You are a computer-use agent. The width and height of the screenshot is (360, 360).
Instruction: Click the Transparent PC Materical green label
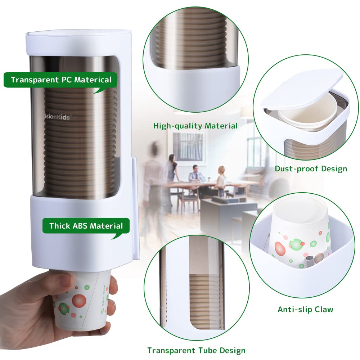tap(60, 80)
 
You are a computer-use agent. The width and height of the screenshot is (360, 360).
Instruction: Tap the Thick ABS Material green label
tap(86, 226)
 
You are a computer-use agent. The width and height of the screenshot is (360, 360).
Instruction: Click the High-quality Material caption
tap(195, 126)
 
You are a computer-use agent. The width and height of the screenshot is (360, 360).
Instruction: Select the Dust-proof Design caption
tap(311, 168)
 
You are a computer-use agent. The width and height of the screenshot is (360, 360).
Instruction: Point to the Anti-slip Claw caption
tap(305, 309)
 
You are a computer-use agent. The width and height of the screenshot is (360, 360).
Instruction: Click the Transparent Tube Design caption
tap(196, 350)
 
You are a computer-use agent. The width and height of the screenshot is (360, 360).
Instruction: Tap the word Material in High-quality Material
tap(221, 126)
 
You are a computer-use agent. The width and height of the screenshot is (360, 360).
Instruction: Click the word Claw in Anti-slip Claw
tap(324, 309)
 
